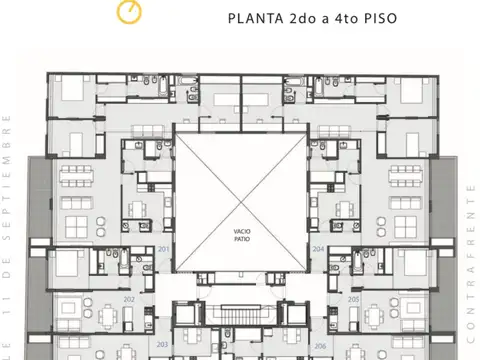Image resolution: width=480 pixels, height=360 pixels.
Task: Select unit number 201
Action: coord(163,251)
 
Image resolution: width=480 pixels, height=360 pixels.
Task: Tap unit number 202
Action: coord(128,299)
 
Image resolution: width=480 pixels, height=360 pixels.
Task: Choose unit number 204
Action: coord(317,251)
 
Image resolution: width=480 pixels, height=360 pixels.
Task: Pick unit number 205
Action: coord(353,299)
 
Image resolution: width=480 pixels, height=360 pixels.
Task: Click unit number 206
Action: coord(319,347)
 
